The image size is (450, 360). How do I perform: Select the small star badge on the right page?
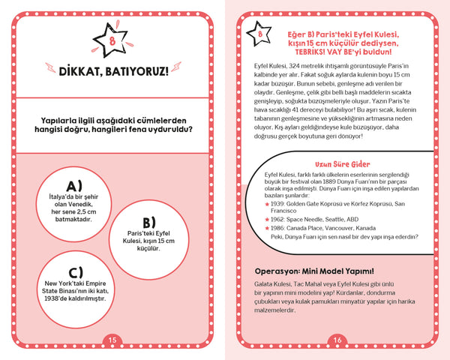pos(259,35)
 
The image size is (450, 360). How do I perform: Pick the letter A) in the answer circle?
pos(74,185)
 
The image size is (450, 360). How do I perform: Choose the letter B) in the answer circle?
pos(148,222)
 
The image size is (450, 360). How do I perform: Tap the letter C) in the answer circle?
pos(75,271)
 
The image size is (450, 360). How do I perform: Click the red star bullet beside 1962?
pos(268,219)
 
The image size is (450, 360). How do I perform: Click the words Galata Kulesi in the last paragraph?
pos(268,285)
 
